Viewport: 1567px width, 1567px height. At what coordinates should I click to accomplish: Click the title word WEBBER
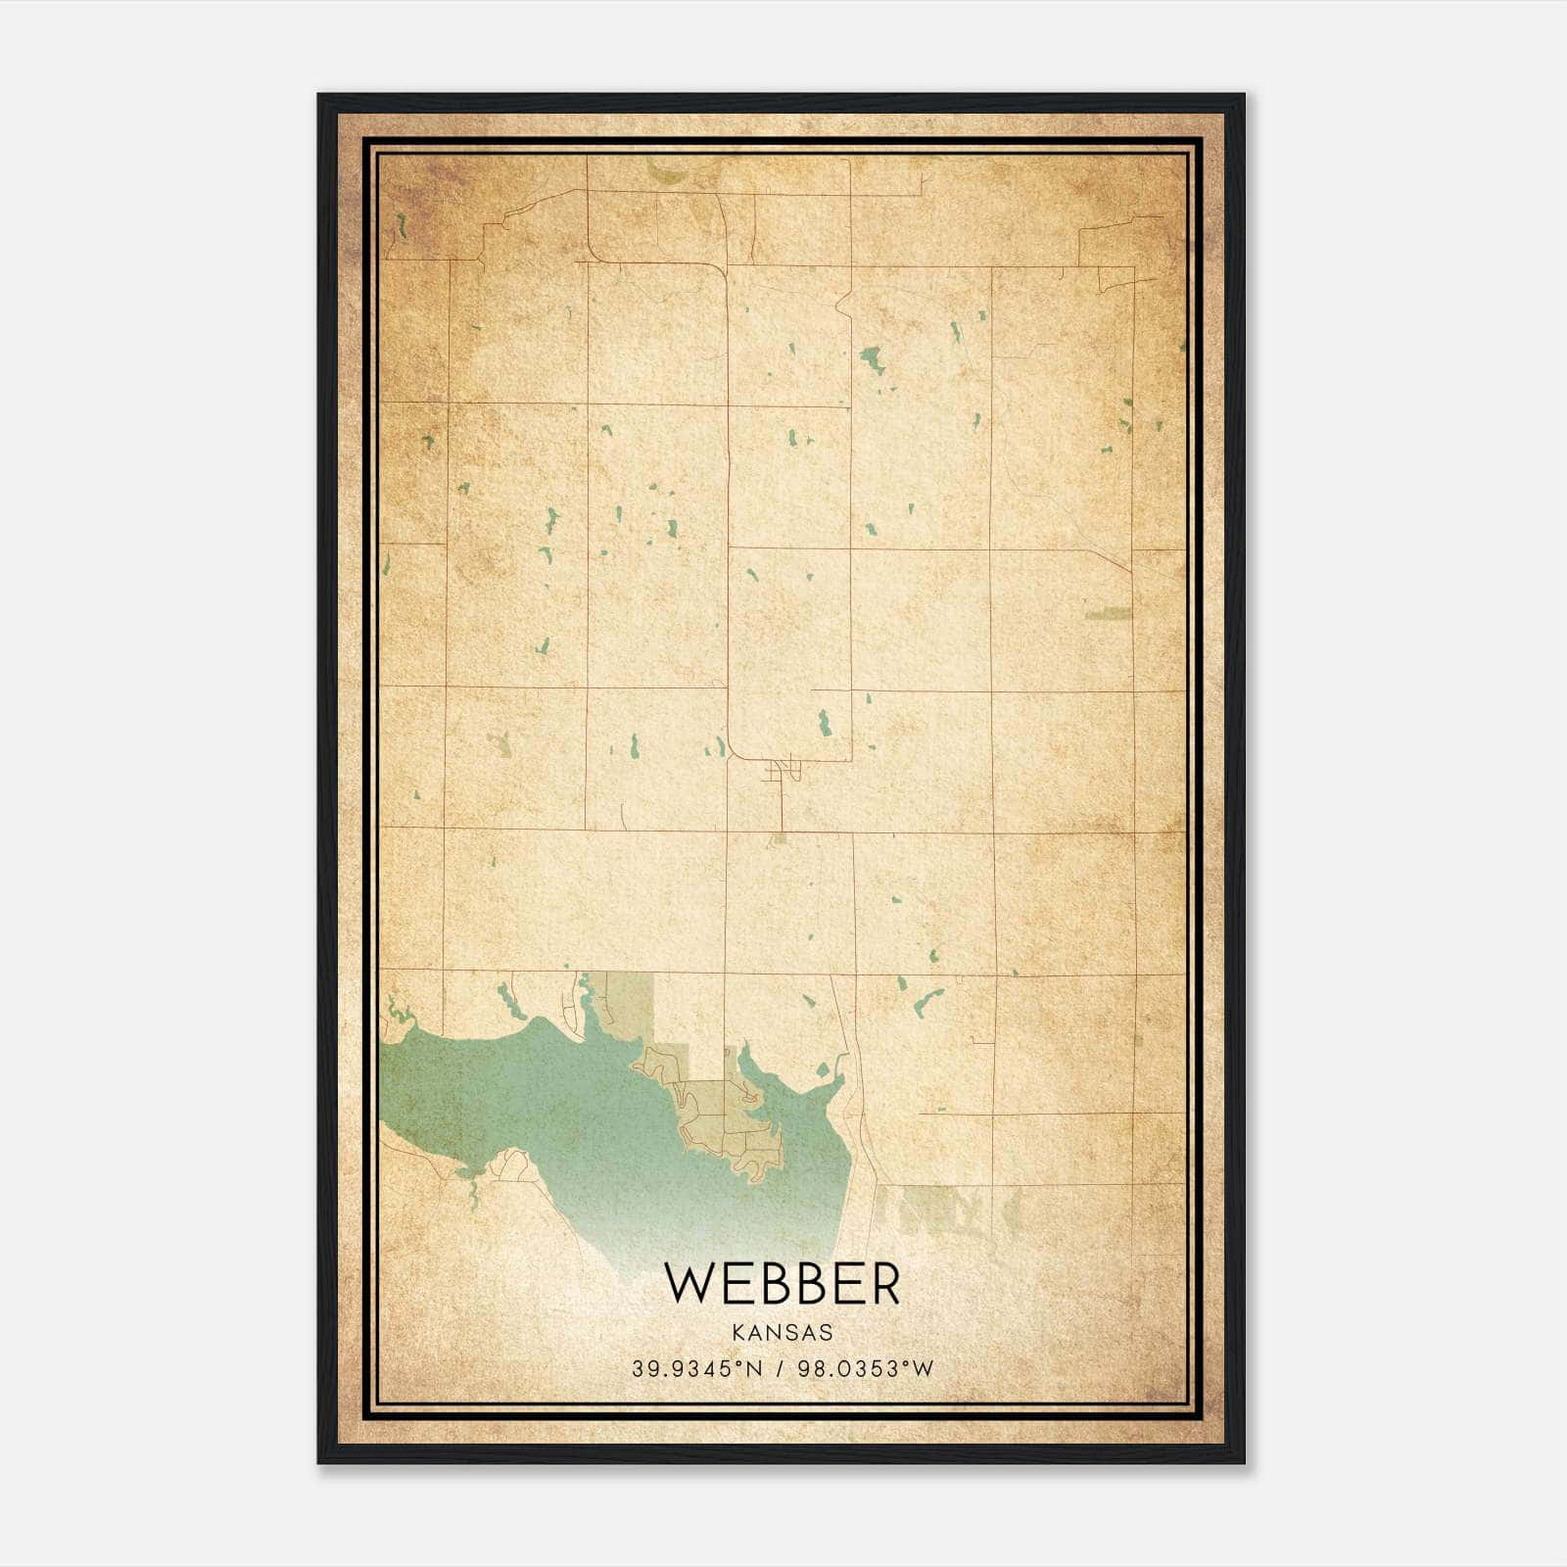(x=782, y=1284)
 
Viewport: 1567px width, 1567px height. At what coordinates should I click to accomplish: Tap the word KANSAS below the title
(x=782, y=1332)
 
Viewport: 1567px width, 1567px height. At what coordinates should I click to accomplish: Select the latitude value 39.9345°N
(x=696, y=1369)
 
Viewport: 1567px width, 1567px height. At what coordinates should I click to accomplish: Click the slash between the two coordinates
(x=781, y=1369)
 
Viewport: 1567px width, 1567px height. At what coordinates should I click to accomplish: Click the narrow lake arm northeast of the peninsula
(x=754, y=1068)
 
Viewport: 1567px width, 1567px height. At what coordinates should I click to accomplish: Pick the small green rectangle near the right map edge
(x=1108, y=614)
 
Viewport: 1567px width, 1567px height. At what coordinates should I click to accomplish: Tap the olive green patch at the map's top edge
(x=670, y=174)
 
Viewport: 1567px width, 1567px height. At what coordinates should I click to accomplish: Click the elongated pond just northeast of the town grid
(x=824, y=723)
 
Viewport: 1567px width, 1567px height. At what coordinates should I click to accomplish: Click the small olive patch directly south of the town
(x=779, y=838)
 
